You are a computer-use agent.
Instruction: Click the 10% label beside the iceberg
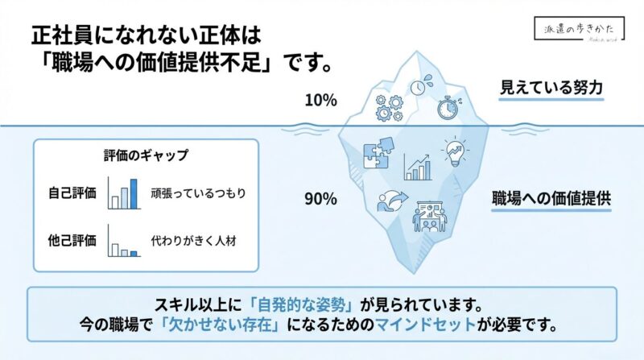[x=320, y=101]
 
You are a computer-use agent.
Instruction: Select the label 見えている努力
[x=551, y=87]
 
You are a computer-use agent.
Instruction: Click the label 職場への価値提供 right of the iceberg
[x=551, y=199]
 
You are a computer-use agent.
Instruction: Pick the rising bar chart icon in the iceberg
[x=417, y=167]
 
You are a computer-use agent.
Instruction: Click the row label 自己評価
[x=72, y=193]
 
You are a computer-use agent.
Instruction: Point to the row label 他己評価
[x=72, y=239]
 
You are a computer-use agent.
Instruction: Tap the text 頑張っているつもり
[x=197, y=193]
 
